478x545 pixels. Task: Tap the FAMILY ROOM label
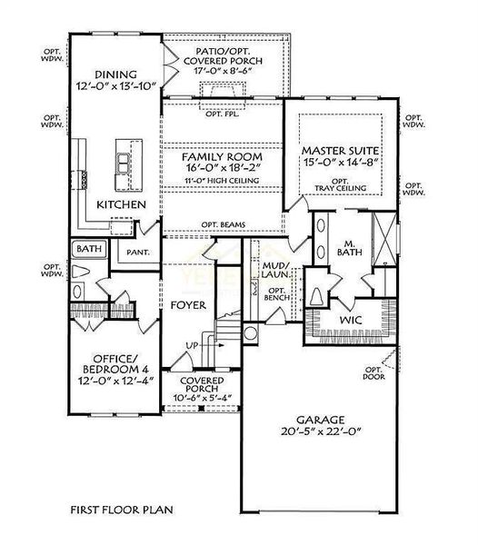click(207, 155)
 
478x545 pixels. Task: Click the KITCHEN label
click(121, 206)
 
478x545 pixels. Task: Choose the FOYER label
click(188, 305)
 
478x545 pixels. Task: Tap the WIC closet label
click(350, 321)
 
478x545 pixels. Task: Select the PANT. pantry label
click(138, 252)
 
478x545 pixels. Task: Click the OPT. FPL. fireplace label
click(221, 114)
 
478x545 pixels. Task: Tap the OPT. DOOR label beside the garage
click(373, 372)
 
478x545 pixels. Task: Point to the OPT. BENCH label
click(275, 294)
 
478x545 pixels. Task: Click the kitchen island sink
click(121, 163)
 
